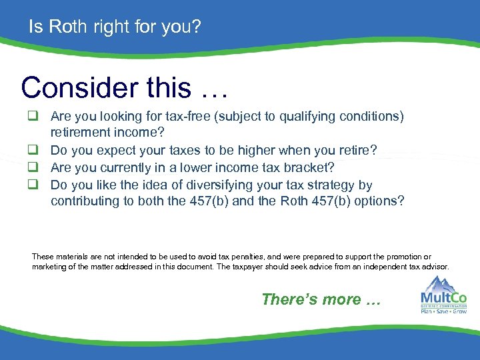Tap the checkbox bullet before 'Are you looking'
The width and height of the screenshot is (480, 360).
pos(32,116)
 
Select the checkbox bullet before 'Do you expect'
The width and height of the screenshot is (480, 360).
pos(32,151)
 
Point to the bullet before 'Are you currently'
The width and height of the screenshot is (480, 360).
pos(32,168)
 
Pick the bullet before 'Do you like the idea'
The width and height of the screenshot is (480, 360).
pos(32,185)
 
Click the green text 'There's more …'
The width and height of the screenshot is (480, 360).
pos(321,299)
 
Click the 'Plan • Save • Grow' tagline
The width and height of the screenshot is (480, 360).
pos(443,311)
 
